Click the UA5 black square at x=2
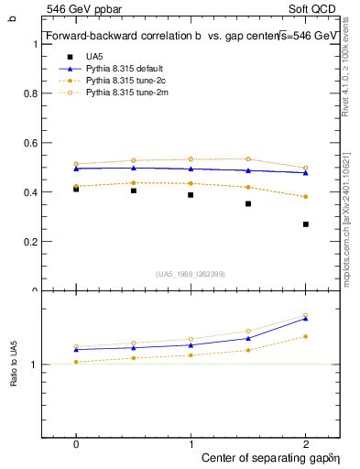(306, 224)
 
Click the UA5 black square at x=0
(76, 189)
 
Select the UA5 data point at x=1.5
(248, 203)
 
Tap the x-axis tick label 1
(191, 443)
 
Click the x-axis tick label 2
(306, 443)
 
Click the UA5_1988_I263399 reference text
(191, 274)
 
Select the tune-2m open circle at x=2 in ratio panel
(306, 315)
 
